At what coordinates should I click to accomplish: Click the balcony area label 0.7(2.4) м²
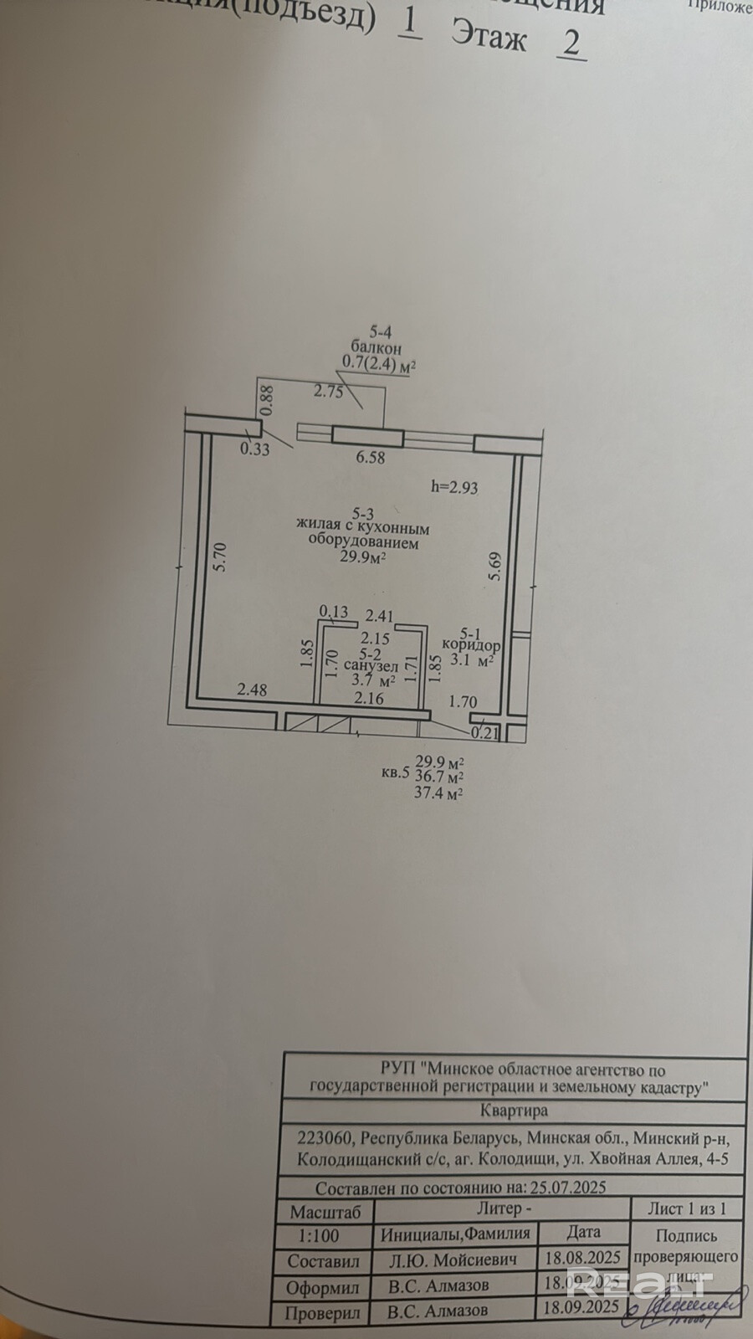(x=379, y=363)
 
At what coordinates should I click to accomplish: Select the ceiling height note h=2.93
(x=453, y=486)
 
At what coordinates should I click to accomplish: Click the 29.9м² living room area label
(x=362, y=560)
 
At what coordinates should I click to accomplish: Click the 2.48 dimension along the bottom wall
(x=252, y=690)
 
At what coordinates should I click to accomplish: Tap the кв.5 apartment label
(x=395, y=773)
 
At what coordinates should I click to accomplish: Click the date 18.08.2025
(x=582, y=1258)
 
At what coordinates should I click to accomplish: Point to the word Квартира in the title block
(x=515, y=1111)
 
